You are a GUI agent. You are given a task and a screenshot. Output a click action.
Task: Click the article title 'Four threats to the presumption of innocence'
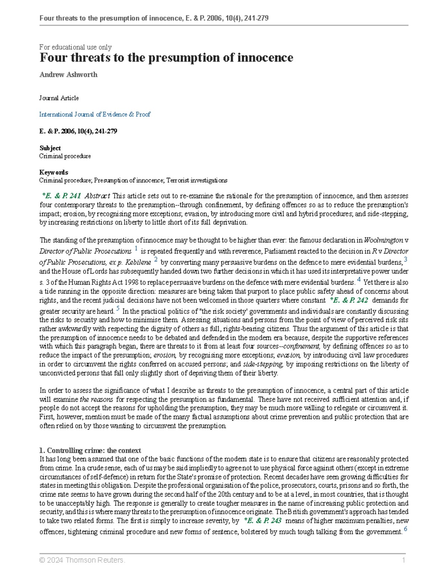pyautogui.click(x=166, y=58)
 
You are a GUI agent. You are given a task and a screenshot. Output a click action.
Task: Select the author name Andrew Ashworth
pyautogui.click(x=68, y=75)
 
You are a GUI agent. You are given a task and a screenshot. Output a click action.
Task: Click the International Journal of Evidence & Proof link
pyautogui.click(x=95, y=115)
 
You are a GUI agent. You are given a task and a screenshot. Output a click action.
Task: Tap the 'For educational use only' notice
pyautogui.click(x=75, y=47)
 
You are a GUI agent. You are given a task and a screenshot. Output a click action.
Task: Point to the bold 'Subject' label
pyautogui.click(x=50, y=148)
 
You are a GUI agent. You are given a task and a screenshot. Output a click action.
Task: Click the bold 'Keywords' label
pyautogui.click(x=54, y=172)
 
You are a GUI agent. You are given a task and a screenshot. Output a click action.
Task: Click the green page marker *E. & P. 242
pyautogui.click(x=349, y=300)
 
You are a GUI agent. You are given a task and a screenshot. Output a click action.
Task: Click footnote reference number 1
pyautogui.click(x=136, y=248)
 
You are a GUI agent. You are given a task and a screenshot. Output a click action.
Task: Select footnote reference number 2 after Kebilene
pyautogui.click(x=156, y=260)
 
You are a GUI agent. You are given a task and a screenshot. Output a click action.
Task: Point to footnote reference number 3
pyautogui.click(x=405, y=260)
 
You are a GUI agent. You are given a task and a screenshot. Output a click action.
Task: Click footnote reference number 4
pyautogui.click(x=359, y=279)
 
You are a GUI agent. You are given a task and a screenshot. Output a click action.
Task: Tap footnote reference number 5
pyautogui.click(x=118, y=308)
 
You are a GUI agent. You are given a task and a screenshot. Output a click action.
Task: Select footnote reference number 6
pyautogui.click(x=405, y=529)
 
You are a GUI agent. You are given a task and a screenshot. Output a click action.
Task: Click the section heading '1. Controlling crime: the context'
pyautogui.click(x=90, y=450)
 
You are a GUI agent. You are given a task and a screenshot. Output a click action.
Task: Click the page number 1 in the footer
pyautogui.click(x=404, y=560)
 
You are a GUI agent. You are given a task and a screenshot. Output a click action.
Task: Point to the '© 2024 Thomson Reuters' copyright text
pyautogui.click(x=82, y=560)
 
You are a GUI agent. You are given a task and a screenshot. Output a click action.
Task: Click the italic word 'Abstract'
pyautogui.click(x=97, y=196)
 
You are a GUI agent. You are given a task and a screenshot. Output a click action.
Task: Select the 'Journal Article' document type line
pyautogui.click(x=59, y=98)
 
